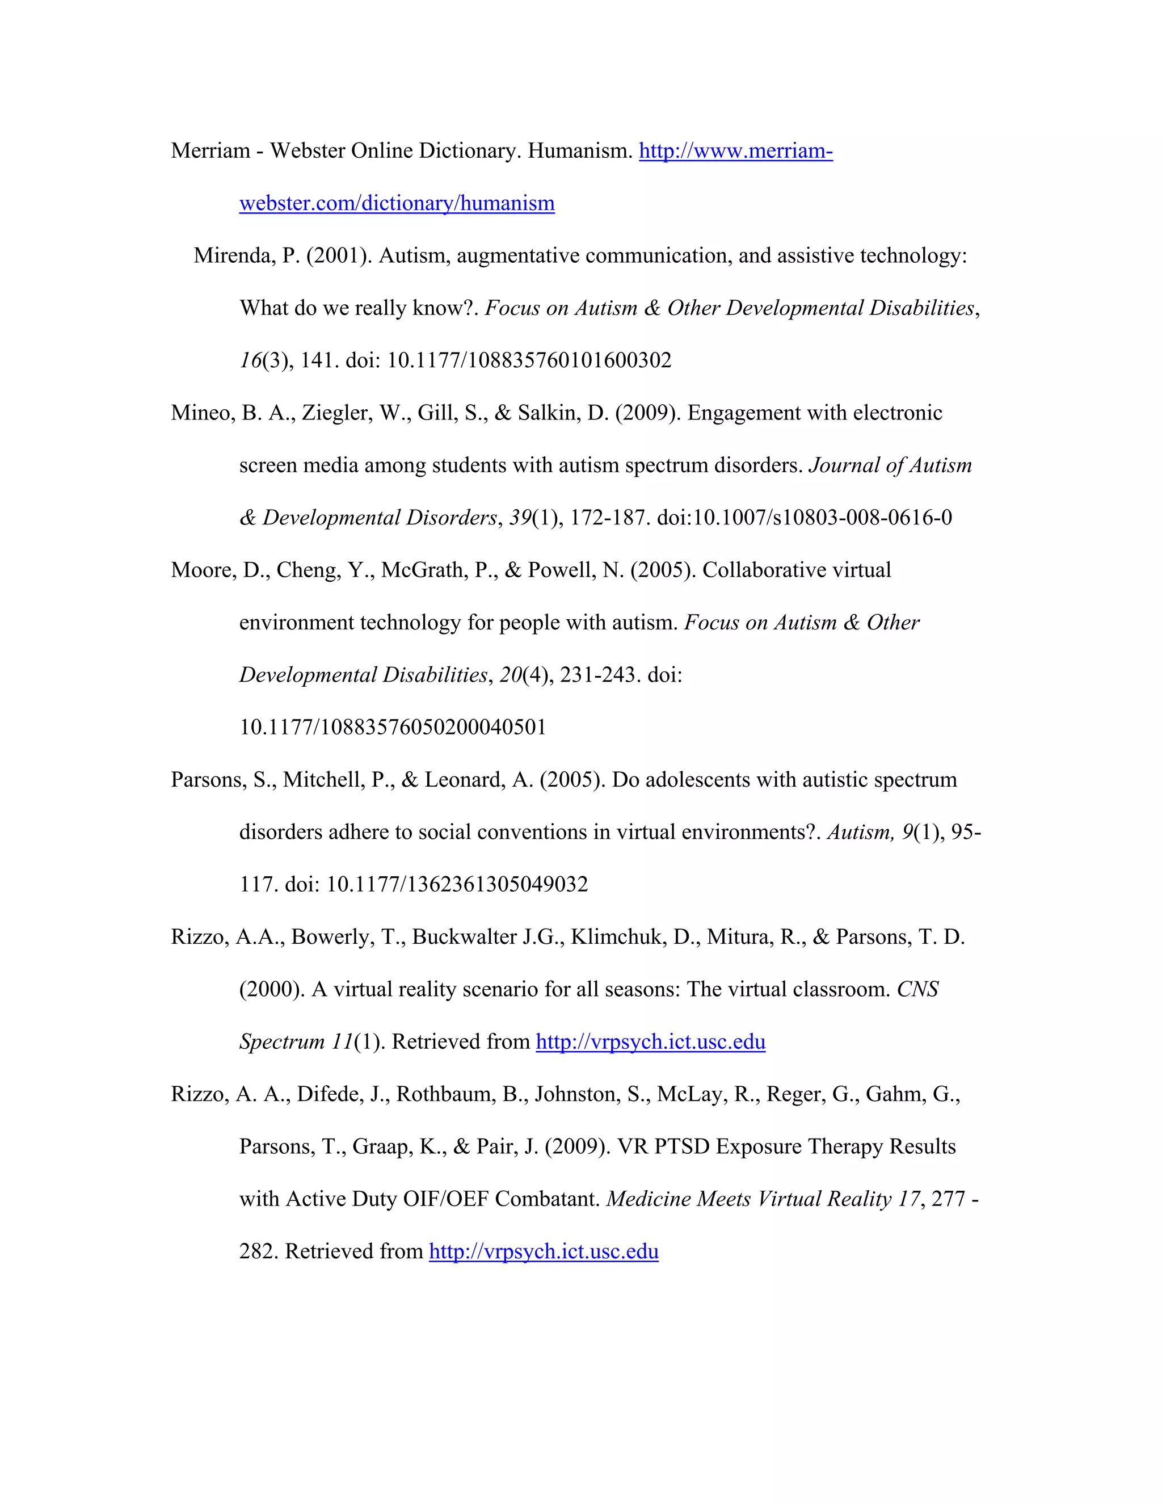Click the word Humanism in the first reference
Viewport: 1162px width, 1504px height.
coord(580,151)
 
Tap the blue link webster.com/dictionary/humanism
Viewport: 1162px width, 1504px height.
coord(397,203)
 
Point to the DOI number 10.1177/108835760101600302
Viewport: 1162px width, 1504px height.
coord(529,360)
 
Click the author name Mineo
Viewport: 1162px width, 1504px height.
coord(203,413)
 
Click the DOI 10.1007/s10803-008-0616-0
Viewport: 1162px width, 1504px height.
coord(822,517)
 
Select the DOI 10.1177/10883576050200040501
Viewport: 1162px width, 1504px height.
coord(393,727)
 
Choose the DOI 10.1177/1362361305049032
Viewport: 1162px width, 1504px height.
coord(456,884)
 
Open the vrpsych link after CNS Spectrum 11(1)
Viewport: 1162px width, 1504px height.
coord(651,1042)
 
